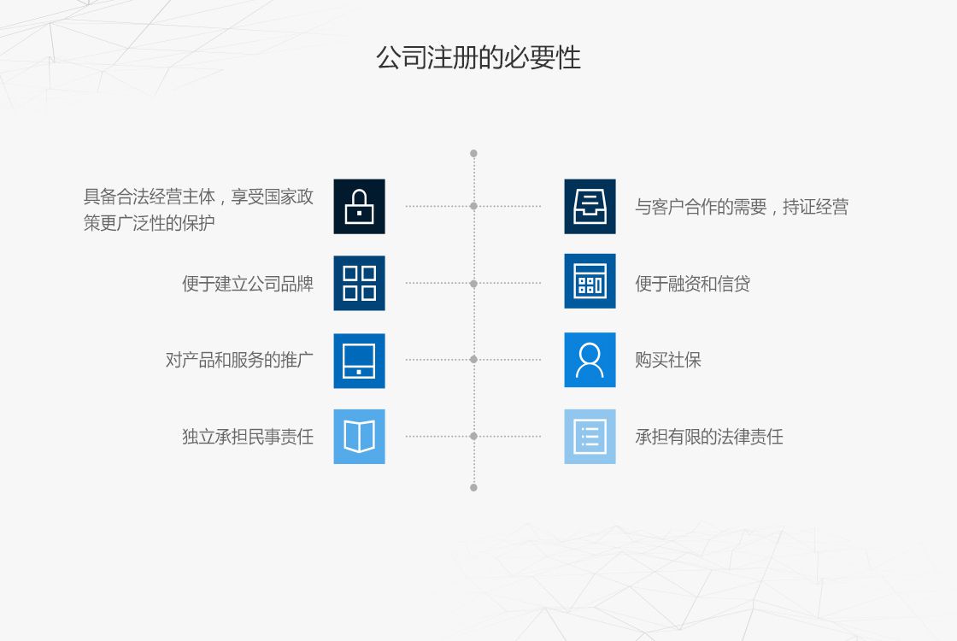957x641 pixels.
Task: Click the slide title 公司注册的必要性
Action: pyautogui.click(x=478, y=58)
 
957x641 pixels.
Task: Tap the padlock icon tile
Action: pyautogui.click(x=359, y=206)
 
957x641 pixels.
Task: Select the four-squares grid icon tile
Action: pyautogui.click(x=359, y=283)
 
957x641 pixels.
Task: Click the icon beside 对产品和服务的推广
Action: pyautogui.click(x=359, y=360)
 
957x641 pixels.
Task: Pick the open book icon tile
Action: pyautogui.click(x=359, y=437)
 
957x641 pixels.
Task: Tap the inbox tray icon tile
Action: pyautogui.click(x=590, y=206)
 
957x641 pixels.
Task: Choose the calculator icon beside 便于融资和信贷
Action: pyautogui.click(x=590, y=283)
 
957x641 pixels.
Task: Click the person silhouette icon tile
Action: pyautogui.click(x=590, y=360)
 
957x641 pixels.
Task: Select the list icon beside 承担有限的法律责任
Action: pyautogui.click(x=590, y=437)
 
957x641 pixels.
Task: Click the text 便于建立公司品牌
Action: pyautogui.click(x=248, y=284)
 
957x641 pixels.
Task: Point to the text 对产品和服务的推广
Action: pyautogui.click(x=239, y=361)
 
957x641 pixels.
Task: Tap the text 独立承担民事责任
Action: pyautogui.click(x=248, y=438)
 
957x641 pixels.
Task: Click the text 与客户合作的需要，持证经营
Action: pyautogui.click(x=741, y=207)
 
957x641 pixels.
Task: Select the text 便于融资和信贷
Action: pyautogui.click(x=692, y=284)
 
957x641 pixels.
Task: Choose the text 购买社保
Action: pyautogui.click(x=667, y=361)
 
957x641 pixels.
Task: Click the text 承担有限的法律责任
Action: pyautogui.click(x=708, y=438)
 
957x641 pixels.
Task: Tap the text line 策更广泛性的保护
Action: pyautogui.click(x=149, y=224)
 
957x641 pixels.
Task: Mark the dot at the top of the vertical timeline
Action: pyautogui.click(x=473, y=154)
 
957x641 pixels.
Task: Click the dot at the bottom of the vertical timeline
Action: pyautogui.click(x=473, y=487)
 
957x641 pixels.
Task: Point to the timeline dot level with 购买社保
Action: pyautogui.click(x=473, y=360)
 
